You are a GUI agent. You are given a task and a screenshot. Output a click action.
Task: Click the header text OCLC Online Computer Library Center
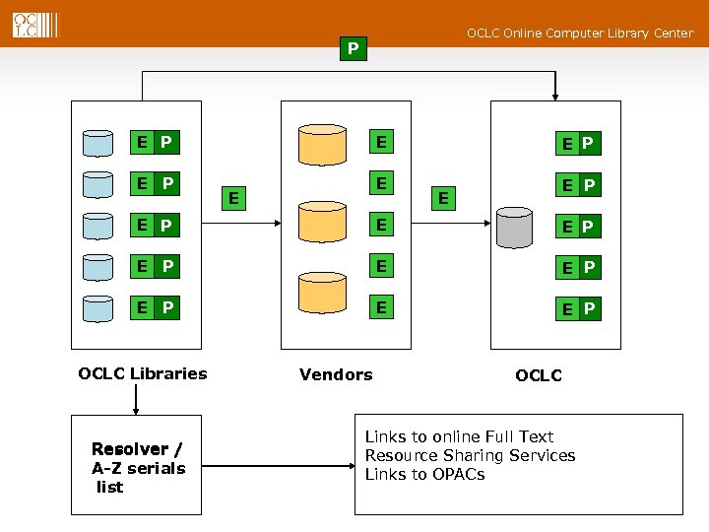[x=579, y=33]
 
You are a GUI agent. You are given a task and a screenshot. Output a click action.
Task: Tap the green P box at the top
[x=353, y=48]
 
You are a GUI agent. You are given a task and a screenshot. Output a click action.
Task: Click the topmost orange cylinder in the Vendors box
[x=324, y=144]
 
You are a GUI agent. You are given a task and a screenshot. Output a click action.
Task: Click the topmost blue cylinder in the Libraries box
[x=98, y=143]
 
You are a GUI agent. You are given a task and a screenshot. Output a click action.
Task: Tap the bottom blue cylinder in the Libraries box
[x=98, y=309]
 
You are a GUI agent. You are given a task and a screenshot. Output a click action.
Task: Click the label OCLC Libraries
[x=143, y=373]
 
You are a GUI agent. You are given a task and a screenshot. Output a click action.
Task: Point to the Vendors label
[x=336, y=374]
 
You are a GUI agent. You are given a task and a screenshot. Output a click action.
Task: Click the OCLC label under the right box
[x=539, y=375]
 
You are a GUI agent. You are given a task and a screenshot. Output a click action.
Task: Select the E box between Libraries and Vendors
[x=232, y=198]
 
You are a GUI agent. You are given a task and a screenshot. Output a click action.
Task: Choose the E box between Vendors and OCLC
[x=444, y=198]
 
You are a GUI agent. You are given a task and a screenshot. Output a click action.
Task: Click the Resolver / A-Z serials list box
[x=137, y=467]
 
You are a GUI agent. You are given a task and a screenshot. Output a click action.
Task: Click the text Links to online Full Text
[x=459, y=436]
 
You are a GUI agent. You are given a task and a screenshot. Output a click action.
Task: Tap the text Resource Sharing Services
[x=470, y=455]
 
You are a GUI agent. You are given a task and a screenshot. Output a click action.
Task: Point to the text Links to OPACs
[x=424, y=474]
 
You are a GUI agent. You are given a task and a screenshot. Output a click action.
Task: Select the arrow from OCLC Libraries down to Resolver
[x=136, y=399]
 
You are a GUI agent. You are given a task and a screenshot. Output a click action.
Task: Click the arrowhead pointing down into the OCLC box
[x=556, y=97]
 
